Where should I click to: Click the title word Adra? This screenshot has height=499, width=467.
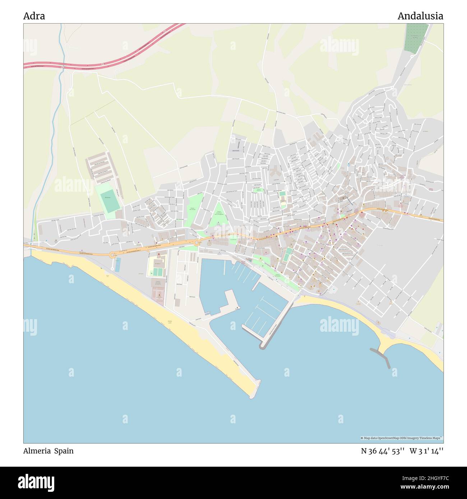(x=34, y=16)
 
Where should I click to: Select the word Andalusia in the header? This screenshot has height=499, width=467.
(x=420, y=16)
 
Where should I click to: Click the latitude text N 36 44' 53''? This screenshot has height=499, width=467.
(x=383, y=451)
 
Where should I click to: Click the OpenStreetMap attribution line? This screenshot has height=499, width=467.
(x=401, y=438)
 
